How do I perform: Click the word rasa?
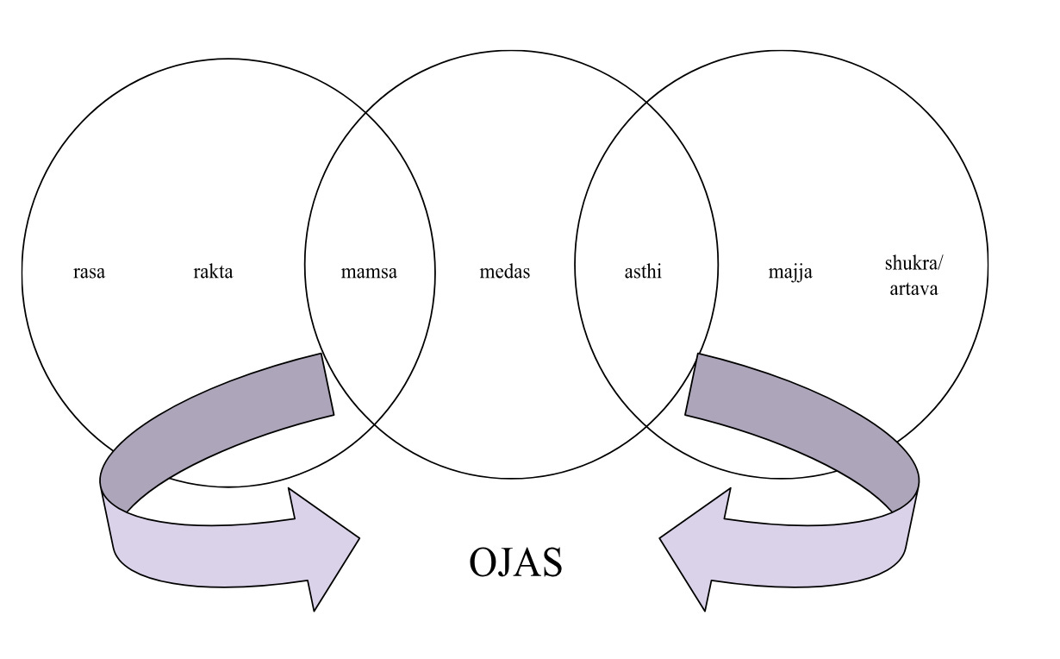pyautogui.click(x=89, y=273)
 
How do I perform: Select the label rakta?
pyautogui.click(x=213, y=273)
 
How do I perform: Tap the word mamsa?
pyautogui.click(x=369, y=273)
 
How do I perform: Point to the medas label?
pyautogui.click(x=504, y=273)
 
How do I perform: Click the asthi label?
pyautogui.click(x=643, y=273)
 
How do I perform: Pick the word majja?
pyautogui.click(x=790, y=273)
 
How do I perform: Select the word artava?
pyautogui.click(x=911, y=288)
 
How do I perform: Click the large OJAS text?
pyautogui.click(x=515, y=562)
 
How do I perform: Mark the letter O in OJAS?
pyautogui.click(x=484, y=562)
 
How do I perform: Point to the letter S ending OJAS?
pyautogui.click(x=551, y=562)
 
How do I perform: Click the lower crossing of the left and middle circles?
pyautogui.click(x=371, y=424)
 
